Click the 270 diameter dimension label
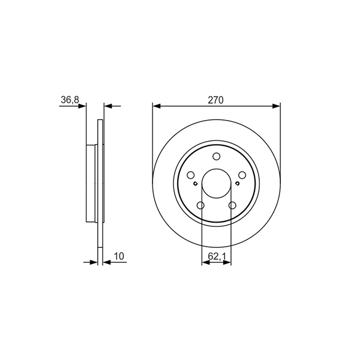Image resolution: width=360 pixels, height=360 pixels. tap(215, 100)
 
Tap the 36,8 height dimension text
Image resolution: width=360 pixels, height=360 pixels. tap(70, 100)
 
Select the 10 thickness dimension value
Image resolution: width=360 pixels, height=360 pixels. tap(119, 256)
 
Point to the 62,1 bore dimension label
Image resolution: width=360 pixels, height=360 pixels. tap(217, 256)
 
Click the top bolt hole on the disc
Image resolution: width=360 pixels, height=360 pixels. tap(216, 157)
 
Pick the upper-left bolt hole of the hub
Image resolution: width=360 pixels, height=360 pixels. tap(191, 175)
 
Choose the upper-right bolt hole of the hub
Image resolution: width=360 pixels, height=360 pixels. tap(242, 175)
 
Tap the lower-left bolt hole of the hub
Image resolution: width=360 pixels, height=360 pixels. tap(200, 205)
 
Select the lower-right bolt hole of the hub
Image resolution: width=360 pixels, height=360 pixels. tap(232, 205)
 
